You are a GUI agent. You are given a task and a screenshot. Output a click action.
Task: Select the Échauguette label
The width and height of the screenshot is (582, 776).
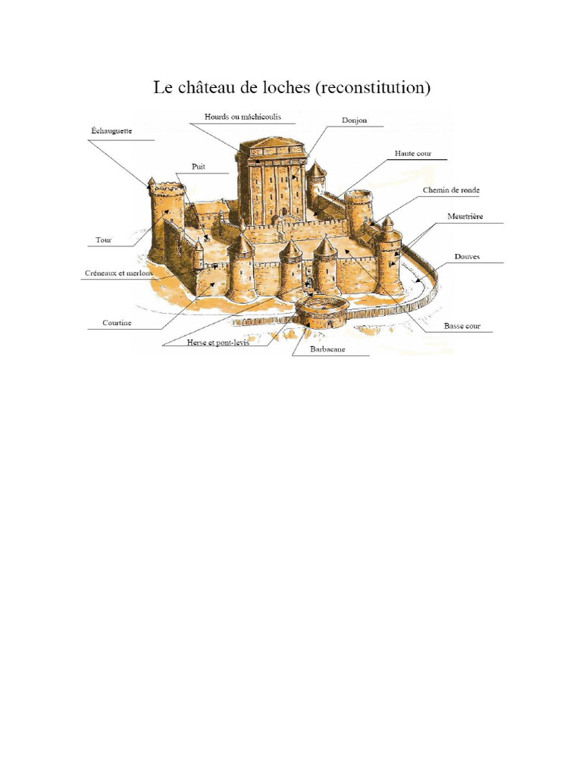coord(111,131)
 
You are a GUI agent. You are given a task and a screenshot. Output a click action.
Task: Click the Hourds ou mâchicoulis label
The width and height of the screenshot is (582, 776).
coord(239,117)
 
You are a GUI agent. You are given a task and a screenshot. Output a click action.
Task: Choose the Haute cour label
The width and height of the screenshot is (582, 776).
coord(412,153)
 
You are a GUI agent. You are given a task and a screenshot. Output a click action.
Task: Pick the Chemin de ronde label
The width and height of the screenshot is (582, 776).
coord(451,189)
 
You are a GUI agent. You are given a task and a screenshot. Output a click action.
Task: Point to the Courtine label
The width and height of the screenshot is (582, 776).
coord(117,322)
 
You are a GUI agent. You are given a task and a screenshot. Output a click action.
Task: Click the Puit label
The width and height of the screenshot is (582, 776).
coord(199,167)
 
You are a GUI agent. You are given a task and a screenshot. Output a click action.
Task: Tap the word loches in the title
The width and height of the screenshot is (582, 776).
coord(283,88)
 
